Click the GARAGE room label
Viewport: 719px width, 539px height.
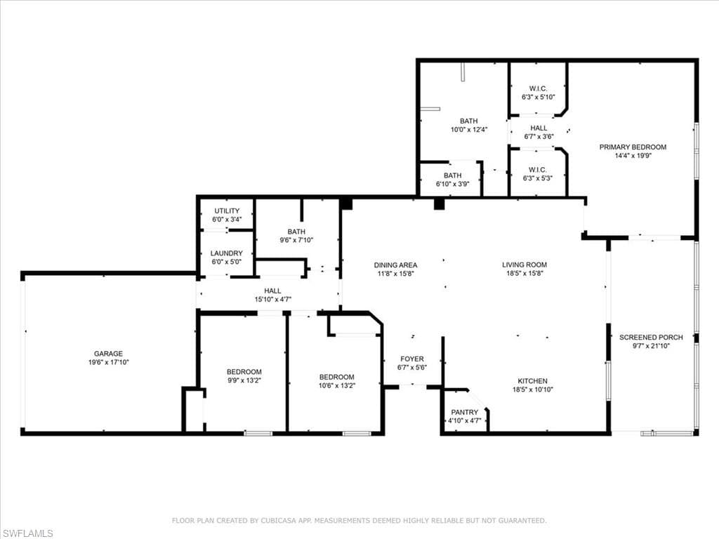(108, 354)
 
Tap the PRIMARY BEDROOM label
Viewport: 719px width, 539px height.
(632, 147)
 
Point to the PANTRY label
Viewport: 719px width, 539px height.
(464, 412)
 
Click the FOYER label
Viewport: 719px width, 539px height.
(412, 359)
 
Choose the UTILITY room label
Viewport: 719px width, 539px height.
(227, 211)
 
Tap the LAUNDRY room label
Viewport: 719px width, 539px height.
(227, 253)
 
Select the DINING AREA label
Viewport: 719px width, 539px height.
(395, 265)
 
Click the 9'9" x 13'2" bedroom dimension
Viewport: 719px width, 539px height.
(244, 380)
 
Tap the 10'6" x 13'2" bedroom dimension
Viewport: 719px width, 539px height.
(336, 385)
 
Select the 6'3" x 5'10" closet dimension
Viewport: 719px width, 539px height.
(538, 97)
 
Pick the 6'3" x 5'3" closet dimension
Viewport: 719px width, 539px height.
(538, 178)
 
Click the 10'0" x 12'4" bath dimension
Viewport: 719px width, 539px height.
(468, 129)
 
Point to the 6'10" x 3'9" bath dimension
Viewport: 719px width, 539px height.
(452, 184)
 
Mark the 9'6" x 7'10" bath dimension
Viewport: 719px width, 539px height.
(296, 240)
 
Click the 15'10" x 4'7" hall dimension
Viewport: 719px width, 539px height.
(272, 300)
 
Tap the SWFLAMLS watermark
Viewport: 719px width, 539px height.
(27, 533)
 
